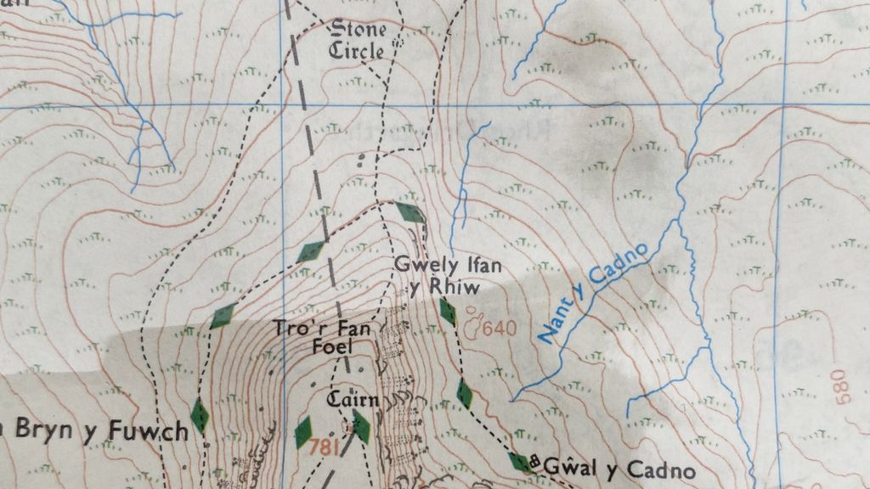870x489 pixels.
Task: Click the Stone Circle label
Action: (357, 40)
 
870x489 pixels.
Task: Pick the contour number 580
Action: (840, 387)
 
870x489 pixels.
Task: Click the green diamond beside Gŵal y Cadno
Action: (519, 462)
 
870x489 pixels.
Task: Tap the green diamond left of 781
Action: (303, 432)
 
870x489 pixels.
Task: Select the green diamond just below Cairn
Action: (361, 426)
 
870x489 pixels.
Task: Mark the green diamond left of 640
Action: (448, 312)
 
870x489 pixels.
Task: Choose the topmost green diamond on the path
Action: (410, 212)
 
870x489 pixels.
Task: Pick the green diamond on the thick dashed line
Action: (313, 250)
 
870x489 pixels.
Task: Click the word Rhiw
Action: (456, 289)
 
